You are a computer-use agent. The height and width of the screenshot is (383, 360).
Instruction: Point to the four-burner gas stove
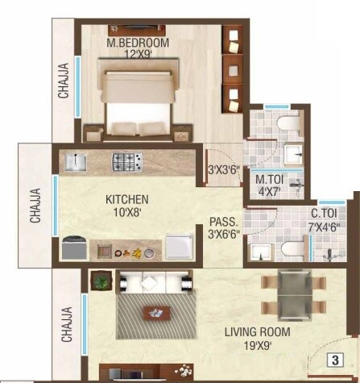point(126,162)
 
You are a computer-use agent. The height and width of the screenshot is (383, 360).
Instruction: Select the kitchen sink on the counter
point(77,162)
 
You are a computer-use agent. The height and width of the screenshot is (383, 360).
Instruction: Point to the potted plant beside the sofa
point(101,281)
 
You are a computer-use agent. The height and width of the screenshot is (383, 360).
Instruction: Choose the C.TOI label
point(325,214)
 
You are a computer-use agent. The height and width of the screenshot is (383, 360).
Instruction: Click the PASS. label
point(221,221)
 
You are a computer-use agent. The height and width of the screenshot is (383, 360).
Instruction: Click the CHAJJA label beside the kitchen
point(36,206)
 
